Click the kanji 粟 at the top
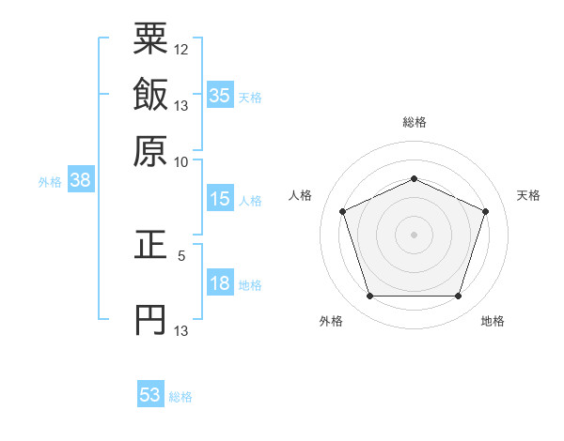tap(150, 42)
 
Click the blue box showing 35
tap(220, 96)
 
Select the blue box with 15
tap(220, 199)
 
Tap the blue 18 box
tap(220, 284)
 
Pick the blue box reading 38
tap(80, 181)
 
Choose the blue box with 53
tap(150, 395)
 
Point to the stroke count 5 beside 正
tap(181, 254)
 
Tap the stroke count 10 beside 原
tap(181, 160)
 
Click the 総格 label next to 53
tap(180, 397)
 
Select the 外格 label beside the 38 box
tap(50, 182)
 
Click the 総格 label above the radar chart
tap(414, 122)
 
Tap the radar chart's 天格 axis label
tap(528, 195)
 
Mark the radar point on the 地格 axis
tap(458, 297)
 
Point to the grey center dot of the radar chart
tap(414, 235)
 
